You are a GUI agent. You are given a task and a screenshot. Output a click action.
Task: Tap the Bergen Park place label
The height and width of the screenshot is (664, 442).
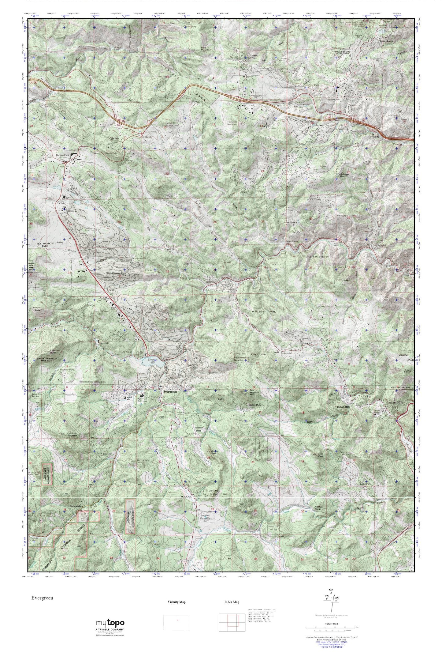(62, 155)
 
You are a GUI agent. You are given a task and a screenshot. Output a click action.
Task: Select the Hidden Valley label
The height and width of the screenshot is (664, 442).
(111, 153)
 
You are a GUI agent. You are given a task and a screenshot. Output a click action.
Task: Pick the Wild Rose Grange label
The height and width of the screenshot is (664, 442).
(319, 507)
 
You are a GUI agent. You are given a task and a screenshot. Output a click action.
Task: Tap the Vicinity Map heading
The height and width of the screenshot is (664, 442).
(177, 602)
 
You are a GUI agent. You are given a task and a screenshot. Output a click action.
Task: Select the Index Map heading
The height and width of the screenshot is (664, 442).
(232, 602)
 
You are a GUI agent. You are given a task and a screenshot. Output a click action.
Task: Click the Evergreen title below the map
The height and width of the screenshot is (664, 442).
(42, 598)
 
